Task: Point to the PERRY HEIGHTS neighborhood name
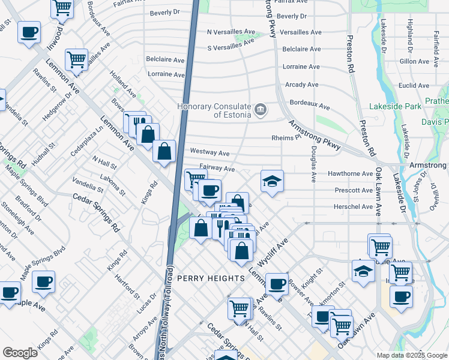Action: tap(211, 278)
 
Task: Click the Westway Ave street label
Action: tap(209, 153)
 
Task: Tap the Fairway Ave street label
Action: tap(217, 169)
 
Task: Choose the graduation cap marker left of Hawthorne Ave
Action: tap(272, 181)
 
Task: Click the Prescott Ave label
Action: tap(354, 190)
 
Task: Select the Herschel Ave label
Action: tap(354, 207)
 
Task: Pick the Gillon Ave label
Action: tap(414, 61)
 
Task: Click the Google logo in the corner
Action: tap(20, 353)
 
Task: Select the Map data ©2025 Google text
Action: tap(412, 355)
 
